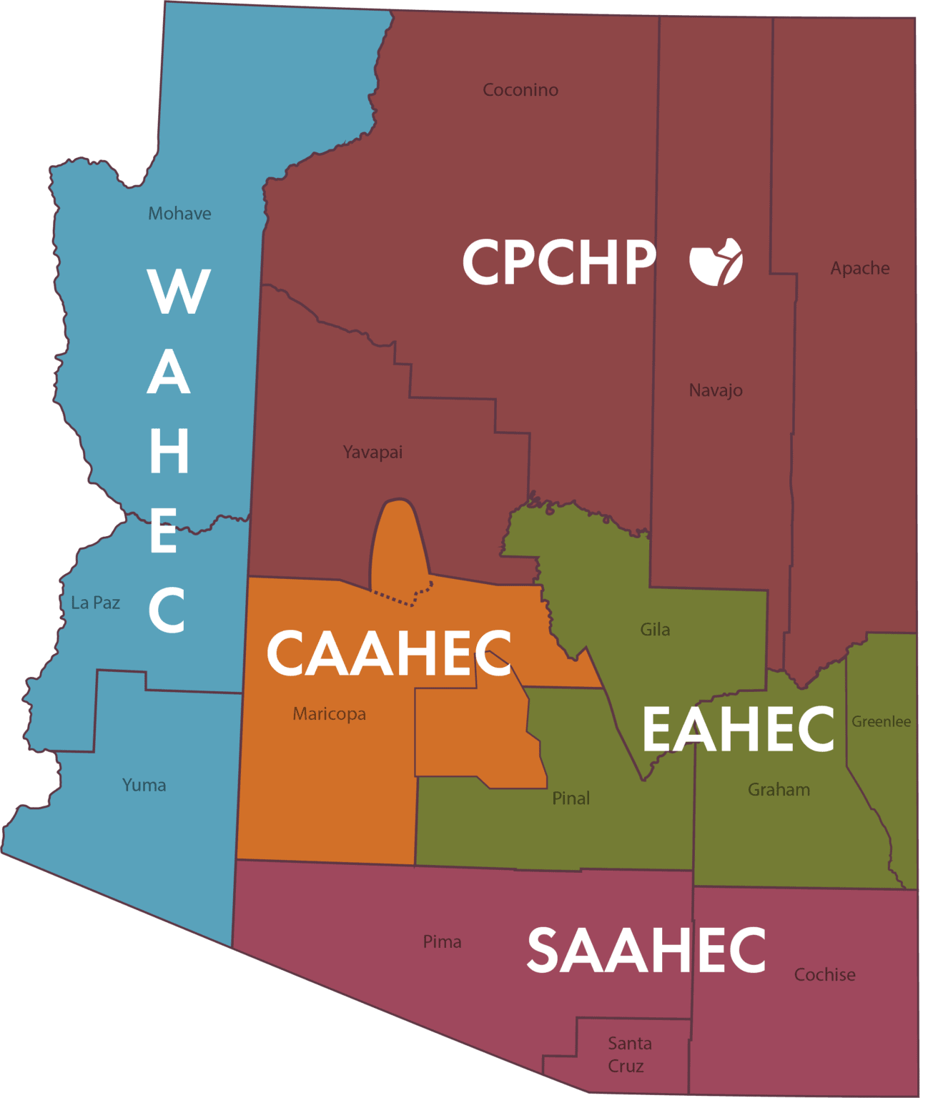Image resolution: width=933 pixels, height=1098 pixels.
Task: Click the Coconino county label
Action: tap(520, 90)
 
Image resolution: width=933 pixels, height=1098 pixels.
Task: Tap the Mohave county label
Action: tap(179, 214)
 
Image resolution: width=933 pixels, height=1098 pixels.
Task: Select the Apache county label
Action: tap(859, 268)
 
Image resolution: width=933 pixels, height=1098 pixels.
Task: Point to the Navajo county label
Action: tap(715, 390)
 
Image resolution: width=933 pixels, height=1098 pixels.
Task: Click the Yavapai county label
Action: tap(372, 452)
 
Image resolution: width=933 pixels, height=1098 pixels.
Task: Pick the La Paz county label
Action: tap(95, 603)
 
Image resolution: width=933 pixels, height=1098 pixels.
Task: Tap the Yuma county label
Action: tap(144, 785)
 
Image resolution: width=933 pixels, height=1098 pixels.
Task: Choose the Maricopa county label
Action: tap(329, 713)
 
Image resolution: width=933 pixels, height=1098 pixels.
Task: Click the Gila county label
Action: tap(655, 630)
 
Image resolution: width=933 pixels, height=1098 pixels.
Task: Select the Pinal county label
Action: tap(571, 798)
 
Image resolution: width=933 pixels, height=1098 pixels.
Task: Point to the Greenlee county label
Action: tap(881, 722)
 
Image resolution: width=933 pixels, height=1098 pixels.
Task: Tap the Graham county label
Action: tap(779, 790)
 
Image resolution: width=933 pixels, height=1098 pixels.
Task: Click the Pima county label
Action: tap(442, 942)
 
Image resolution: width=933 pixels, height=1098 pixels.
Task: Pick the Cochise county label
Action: tap(824, 975)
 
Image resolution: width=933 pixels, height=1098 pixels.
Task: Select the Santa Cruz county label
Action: tap(629, 1054)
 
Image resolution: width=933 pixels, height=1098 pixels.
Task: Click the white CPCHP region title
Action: tap(558, 262)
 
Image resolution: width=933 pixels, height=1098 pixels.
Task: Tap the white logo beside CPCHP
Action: tap(716, 262)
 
